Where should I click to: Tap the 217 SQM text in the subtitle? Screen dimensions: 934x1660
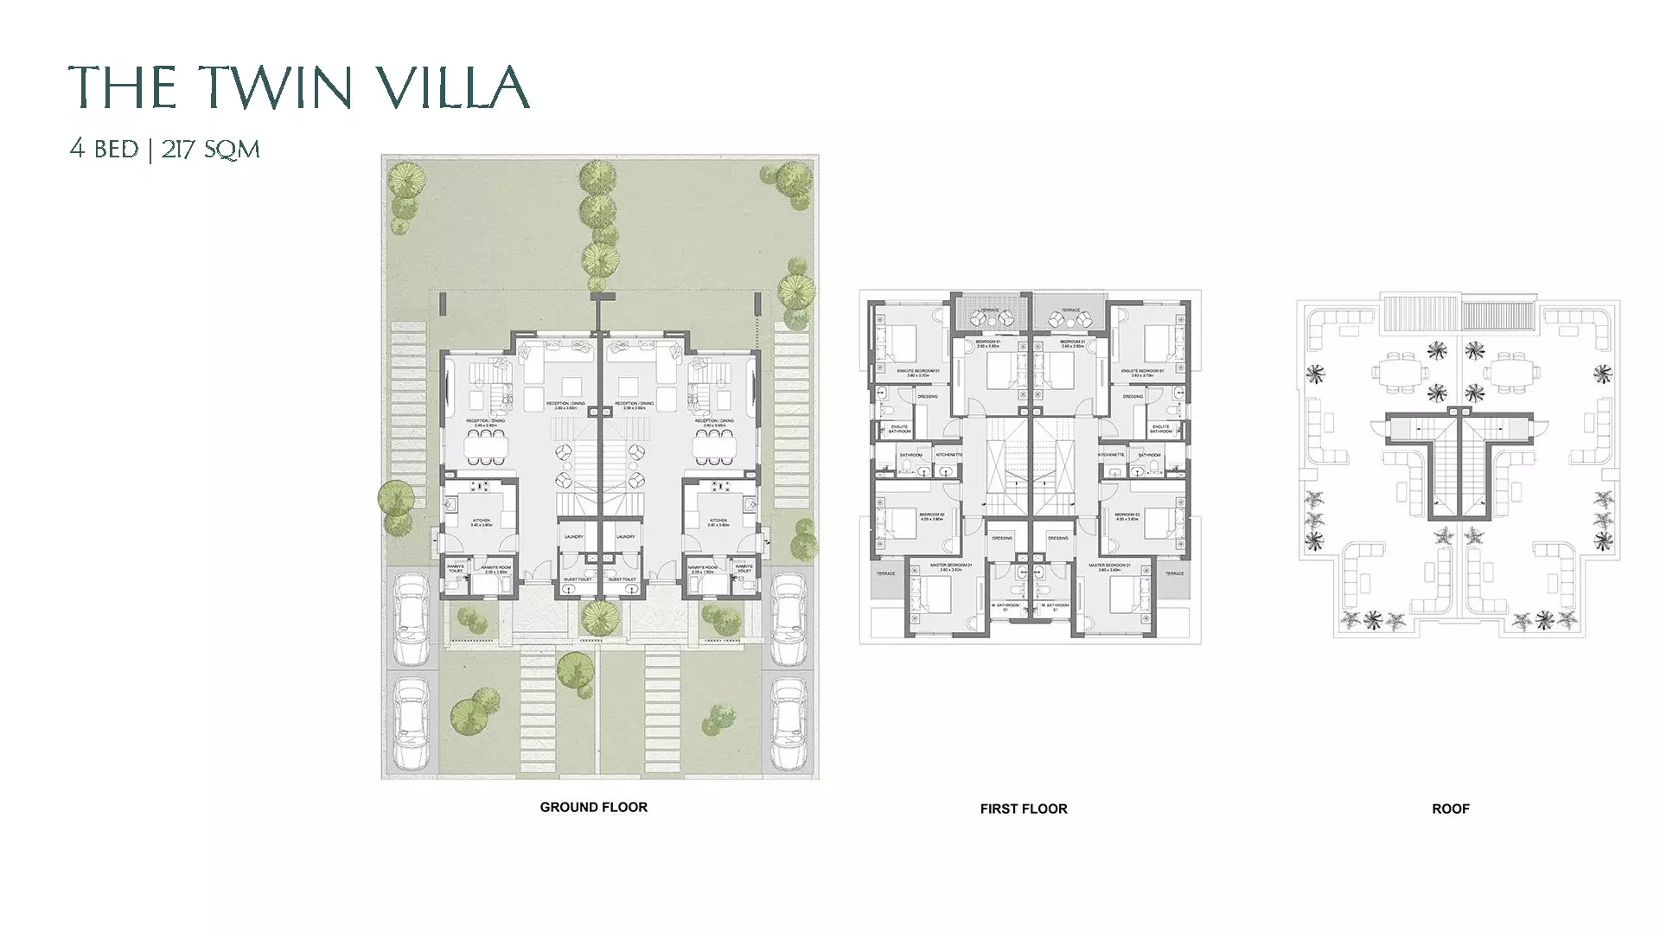210,150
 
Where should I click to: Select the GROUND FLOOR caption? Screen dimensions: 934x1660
593,807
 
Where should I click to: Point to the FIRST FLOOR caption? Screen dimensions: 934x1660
1023,809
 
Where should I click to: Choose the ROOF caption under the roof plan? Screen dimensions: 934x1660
1450,809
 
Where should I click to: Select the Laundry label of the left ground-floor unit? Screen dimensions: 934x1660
573,537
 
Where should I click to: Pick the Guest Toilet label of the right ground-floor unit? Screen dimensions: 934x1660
622,579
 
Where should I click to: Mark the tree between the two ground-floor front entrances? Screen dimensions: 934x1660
599,617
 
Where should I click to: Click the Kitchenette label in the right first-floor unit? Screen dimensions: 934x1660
1111,455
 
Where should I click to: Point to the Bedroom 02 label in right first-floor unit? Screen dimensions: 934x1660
1127,517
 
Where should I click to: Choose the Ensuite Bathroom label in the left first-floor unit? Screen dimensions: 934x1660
899,429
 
